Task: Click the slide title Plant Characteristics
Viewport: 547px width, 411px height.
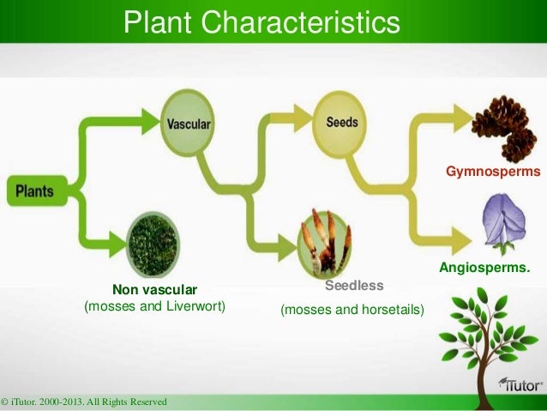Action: pos(261,24)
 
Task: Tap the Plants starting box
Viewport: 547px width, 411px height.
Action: pos(32,190)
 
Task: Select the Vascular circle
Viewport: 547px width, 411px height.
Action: pos(188,124)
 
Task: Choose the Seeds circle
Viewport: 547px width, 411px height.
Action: pos(341,123)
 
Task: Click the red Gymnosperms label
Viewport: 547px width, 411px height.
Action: pos(493,172)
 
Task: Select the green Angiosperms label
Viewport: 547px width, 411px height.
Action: pos(484,270)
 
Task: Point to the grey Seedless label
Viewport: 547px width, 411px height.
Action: pos(353,284)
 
